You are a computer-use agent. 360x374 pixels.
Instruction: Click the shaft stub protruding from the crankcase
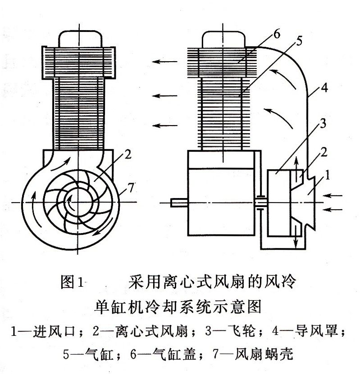coord(178,203)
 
